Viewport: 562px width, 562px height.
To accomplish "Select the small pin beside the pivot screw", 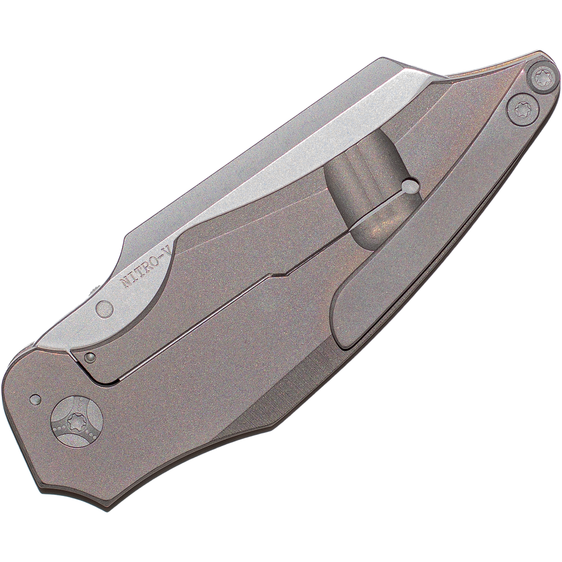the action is click(x=35, y=400).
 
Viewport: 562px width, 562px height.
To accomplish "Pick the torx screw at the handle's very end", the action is click(x=541, y=78).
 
